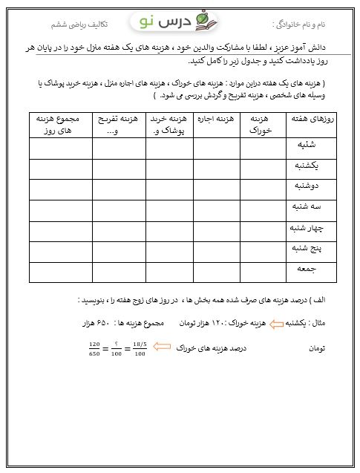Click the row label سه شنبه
(304, 210)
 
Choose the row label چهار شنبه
(303, 231)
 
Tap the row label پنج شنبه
(304, 252)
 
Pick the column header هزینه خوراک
(262, 124)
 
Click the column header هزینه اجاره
(217, 120)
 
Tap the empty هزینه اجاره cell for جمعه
(217, 273)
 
